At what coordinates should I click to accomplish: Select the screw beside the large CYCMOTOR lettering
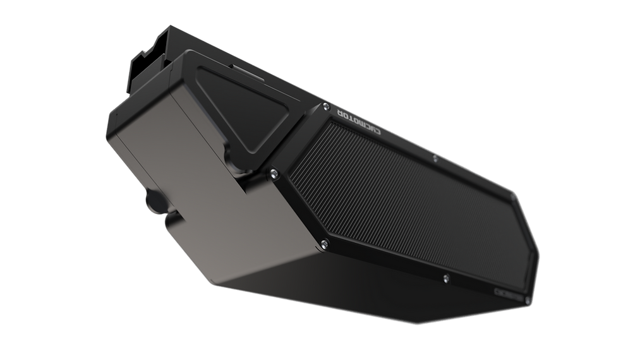(x=325, y=106)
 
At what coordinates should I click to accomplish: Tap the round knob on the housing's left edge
(x=155, y=202)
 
